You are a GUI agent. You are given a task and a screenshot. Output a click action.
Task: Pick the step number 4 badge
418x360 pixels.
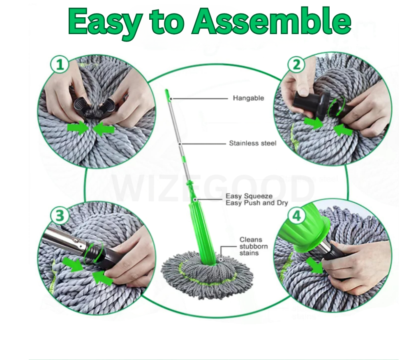(x=296, y=215)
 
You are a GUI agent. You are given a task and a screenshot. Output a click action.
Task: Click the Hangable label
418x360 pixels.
(x=248, y=98)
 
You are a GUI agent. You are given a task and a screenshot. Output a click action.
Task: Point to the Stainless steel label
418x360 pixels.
(x=252, y=143)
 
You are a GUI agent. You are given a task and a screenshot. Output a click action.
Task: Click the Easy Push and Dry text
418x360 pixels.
(x=256, y=203)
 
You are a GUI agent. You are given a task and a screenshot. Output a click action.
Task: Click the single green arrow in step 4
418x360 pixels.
(x=316, y=267)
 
